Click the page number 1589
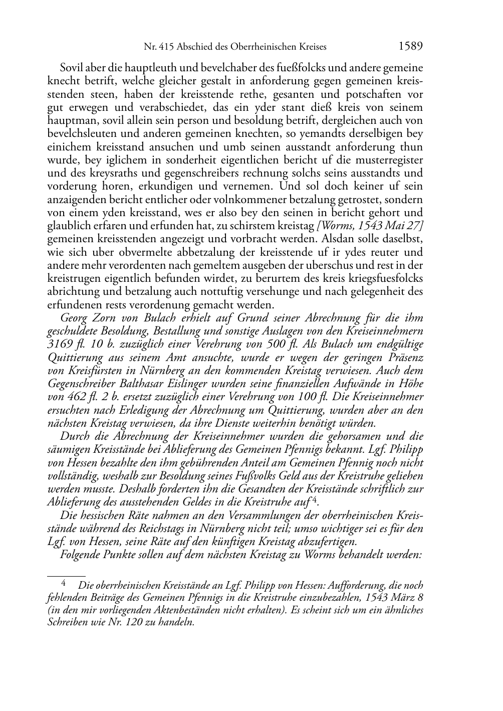tap(411, 47)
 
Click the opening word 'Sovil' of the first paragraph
tap(72, 68)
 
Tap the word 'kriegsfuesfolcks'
tap(384, 278)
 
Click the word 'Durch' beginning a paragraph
tap(74, 436)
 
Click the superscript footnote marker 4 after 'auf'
tap(314, 500)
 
